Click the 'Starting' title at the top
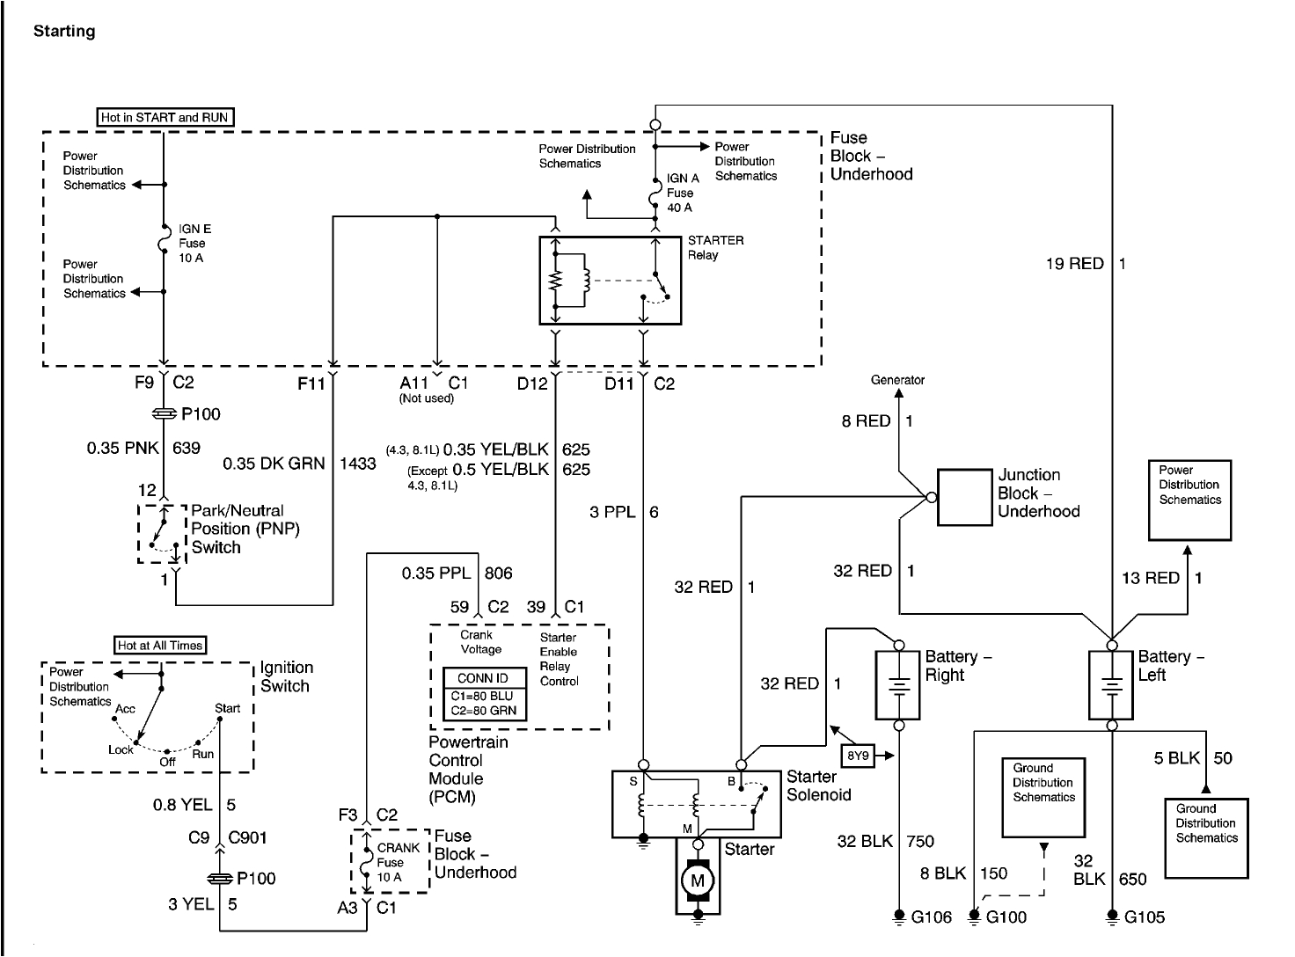(64, 32)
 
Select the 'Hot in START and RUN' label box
(165, 117)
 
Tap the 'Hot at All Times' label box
(160, 646)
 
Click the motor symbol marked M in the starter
(698, 880)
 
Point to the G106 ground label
(932, 917)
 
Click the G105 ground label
(1145, 917)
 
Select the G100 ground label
(1006, 917)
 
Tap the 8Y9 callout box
(858, 756)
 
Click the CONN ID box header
(483, 678)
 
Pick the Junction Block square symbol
(963, 497)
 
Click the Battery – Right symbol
(898, 685)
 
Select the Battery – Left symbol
(1111, 685)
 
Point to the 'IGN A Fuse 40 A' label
(680, 193)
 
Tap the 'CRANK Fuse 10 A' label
(398, 862)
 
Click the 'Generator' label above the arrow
(897, 380)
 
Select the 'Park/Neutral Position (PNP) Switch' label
(238, 529)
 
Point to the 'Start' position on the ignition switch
(227, 708)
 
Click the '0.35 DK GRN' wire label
(274, 464)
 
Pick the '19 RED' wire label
(1073, 263)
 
